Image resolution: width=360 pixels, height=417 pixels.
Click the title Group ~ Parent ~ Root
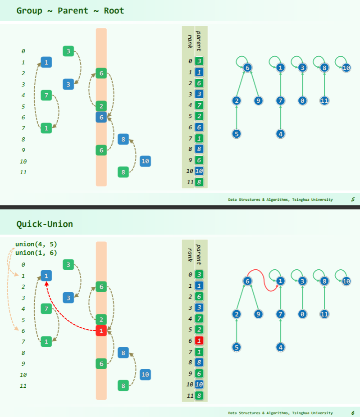pos(70,10)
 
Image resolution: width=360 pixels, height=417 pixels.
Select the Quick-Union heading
pos(45,224)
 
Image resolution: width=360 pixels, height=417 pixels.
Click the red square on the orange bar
pos(101,331)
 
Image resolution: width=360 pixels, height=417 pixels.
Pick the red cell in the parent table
pos(199,340)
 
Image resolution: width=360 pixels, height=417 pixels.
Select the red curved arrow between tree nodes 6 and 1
pos(263,280)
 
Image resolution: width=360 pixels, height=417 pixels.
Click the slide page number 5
pos(353,199)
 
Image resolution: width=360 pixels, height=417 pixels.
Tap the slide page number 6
pos(353,413)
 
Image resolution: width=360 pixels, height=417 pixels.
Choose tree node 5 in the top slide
pos(237,134)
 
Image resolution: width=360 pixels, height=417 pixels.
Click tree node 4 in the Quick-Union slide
pos(280,347)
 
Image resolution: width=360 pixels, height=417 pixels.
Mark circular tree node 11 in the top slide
pos(324,101)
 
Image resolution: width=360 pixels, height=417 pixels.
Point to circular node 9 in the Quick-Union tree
pos(258,314)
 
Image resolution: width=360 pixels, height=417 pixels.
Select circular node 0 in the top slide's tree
pos(302,101)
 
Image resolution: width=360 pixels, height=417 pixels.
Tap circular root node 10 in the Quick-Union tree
pos(346,281)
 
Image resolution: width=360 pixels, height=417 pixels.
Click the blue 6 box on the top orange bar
pos(101,117)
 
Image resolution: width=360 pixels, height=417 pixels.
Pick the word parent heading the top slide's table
pos(199,40)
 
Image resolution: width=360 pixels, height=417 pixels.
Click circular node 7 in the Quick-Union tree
pos(280,314)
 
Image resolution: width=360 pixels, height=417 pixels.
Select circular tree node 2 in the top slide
pos(237,101)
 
